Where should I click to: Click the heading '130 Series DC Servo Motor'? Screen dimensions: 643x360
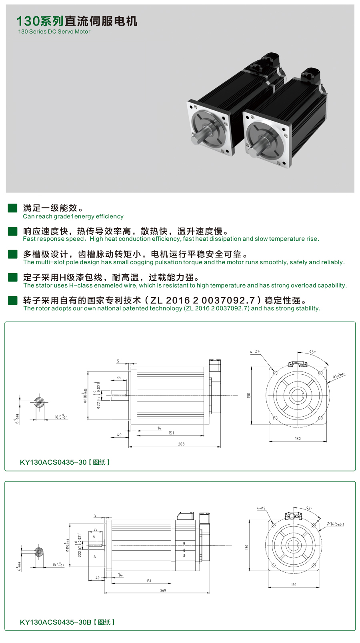(54, 32)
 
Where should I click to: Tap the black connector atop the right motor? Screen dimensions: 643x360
(310, 75)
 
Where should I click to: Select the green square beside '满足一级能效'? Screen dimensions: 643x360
(12, 208)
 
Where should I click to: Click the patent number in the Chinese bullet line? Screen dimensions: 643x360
(202, 300)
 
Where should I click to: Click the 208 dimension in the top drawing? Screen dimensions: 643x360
(181, 444)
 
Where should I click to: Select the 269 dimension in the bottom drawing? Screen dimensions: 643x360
(163, 590)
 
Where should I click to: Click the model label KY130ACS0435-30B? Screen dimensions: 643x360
(56, 622)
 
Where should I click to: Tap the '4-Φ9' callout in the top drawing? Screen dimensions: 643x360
(255, 352)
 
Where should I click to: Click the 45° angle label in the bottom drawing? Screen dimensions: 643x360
(309, 508)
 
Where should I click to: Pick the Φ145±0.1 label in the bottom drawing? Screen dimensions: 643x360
(335, 524)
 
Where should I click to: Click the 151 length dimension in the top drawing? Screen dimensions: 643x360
(171, 433)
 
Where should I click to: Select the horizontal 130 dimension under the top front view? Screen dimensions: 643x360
(298, 439)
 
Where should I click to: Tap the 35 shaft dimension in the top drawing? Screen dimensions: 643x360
(118, 377)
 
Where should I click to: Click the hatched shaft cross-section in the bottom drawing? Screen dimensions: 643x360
(39, 552)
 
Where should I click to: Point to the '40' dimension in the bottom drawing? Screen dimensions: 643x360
(97, 578)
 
